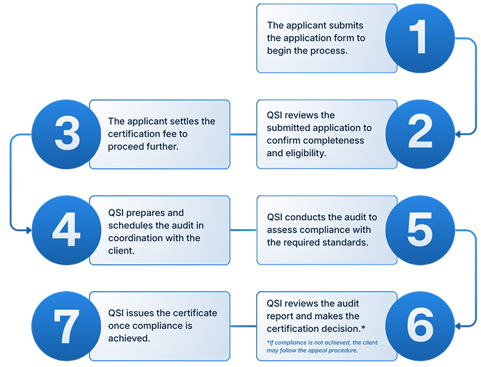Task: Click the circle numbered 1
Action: (420, 38)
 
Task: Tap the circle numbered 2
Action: (420, 134)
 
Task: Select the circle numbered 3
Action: (66, 134)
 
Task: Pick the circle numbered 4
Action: (66, 230)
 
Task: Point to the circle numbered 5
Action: (420, 230)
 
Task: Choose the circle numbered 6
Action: (420, 326)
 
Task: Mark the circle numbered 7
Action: (66, 326)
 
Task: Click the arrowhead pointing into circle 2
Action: (458, 134)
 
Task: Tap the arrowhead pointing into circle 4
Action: (29, 230)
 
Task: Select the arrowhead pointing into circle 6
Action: (458, 326)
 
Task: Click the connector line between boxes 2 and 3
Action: (243, 134)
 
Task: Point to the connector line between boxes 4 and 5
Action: (243, 230)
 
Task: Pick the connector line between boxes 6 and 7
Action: (243, 326)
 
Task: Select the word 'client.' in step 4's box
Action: (121, 251)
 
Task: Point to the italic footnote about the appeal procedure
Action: (322, 346)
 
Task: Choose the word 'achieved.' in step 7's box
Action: (129, 338)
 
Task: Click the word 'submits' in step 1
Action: (346, 25)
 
